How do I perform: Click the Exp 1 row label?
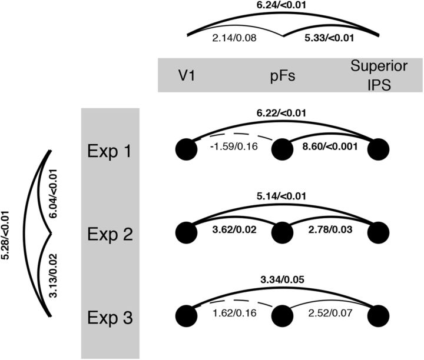(109, 151)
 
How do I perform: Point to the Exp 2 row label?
(109, 234)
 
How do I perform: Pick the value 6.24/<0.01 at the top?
(282, 6)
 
